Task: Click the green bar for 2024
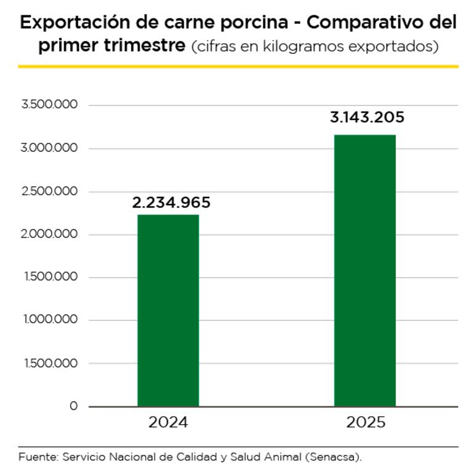pos(168,310)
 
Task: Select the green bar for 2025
pos(364,270)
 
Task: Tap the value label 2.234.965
pos(171,203)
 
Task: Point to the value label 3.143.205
pos(367,118)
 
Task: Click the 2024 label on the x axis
pos(168,423)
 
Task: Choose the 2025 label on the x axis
pos(366,423)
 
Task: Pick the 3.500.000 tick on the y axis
pos(49,105)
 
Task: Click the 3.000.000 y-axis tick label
pos(49,148)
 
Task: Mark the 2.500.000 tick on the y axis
pos(49,191)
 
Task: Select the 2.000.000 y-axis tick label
pos(49,235)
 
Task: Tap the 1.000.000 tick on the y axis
pos(50,320)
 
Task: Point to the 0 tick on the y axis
pos(74,406)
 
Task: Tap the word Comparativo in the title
pos(367,23)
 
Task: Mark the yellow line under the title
pos(238,66)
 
